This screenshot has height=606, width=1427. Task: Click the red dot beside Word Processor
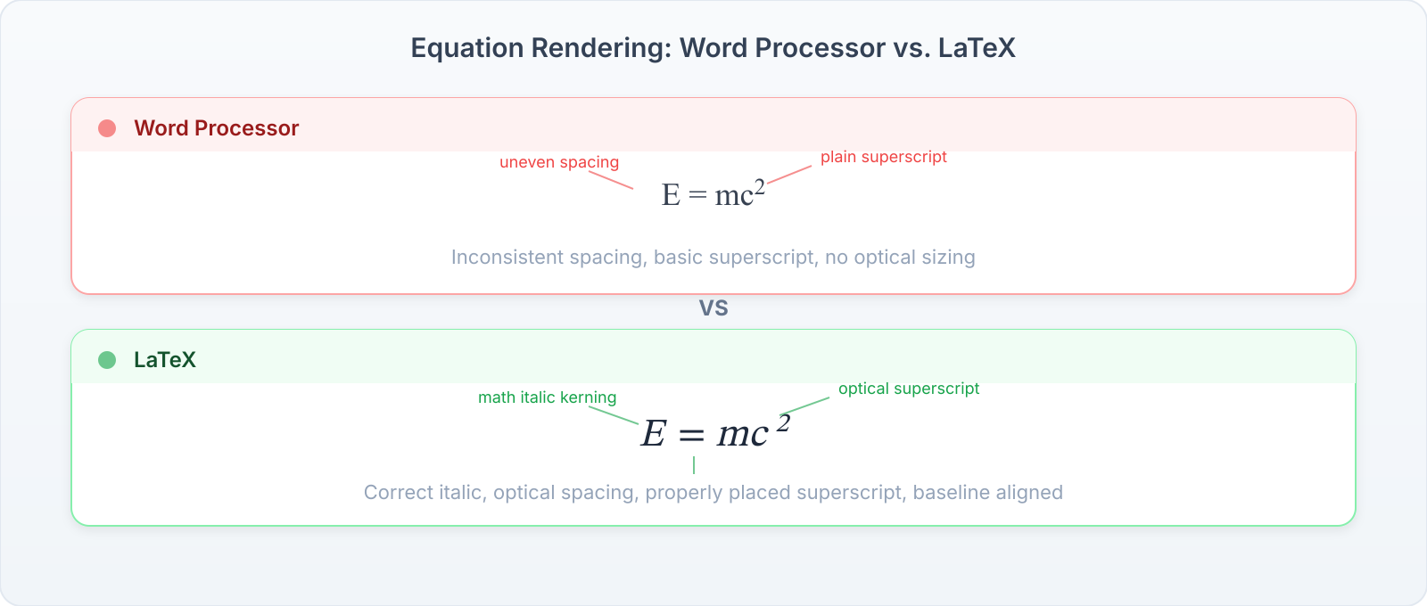107,128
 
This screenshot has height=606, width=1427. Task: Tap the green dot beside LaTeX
107,360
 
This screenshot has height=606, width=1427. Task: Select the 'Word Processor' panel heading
216,128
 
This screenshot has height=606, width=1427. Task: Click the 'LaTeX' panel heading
164,360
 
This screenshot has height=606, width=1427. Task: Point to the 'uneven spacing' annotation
558,162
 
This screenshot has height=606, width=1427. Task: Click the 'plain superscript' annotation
883,157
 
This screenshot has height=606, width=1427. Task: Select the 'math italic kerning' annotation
547,397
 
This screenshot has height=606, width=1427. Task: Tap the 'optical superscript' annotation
908,389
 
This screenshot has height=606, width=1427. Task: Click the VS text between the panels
713,308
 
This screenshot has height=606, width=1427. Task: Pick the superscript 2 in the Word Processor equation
759,187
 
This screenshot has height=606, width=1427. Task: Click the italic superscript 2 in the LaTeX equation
783,423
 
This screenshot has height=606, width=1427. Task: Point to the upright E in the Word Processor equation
671,194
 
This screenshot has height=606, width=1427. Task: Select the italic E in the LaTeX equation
654,434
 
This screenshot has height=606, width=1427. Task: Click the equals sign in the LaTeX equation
691,436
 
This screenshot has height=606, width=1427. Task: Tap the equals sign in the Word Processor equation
697,196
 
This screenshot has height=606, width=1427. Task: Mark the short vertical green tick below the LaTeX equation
694,465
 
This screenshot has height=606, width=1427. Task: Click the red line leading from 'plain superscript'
789,174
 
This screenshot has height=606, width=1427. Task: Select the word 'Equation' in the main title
466,48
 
